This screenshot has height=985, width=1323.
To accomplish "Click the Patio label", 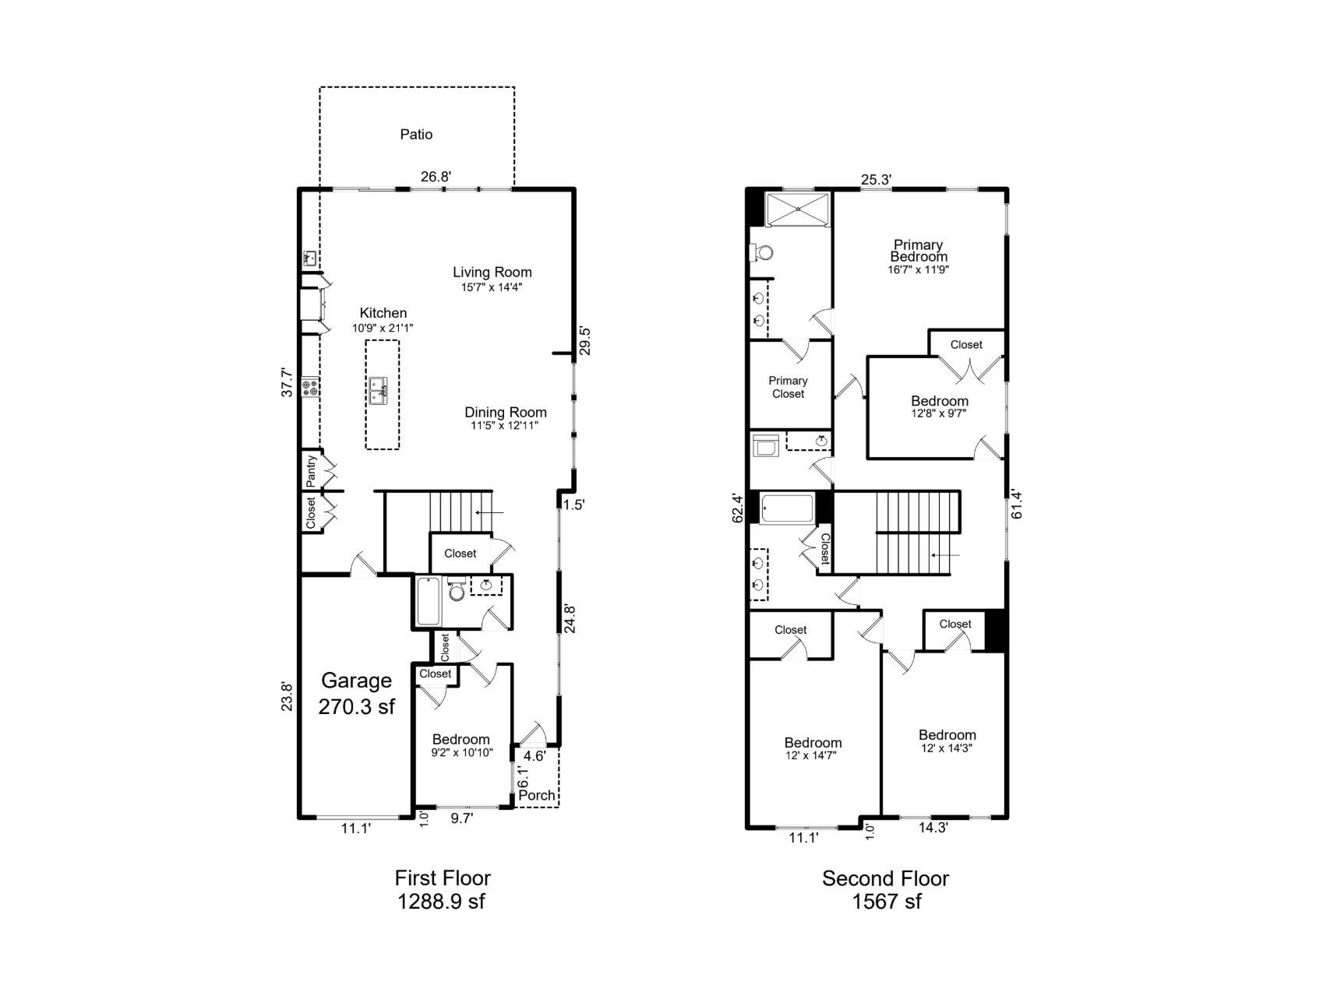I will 416,135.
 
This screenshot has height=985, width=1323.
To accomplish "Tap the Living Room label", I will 492,273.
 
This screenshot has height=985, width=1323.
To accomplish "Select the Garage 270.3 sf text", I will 356,693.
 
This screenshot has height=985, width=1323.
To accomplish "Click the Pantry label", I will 311,470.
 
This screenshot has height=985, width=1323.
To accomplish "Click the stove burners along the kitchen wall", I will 311,386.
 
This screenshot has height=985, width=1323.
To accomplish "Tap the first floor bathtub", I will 428,601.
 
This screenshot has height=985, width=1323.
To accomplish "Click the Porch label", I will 537,795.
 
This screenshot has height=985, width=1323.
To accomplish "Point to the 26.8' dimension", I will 436,177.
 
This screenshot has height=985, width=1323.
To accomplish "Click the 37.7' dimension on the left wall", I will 288,383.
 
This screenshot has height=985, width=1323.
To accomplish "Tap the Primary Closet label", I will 788,387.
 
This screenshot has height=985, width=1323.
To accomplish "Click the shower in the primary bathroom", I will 798,210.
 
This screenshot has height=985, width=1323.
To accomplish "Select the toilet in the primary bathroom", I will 762,252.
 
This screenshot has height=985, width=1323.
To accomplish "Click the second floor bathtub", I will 787,508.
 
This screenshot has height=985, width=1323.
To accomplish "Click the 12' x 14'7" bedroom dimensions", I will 813,755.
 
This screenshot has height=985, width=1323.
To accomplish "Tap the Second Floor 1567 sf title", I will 885,890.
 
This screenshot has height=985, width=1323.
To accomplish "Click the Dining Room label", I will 505,413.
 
